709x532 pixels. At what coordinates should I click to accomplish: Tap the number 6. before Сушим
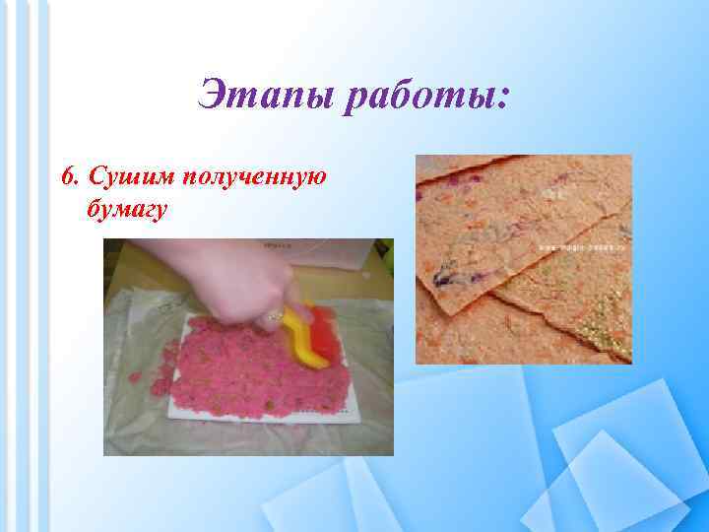click(69, 177)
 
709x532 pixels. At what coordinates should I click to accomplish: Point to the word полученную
click(246, 177)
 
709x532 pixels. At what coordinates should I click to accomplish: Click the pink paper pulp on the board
click(236, 365)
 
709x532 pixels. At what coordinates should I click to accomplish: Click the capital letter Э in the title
click(214, 97)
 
